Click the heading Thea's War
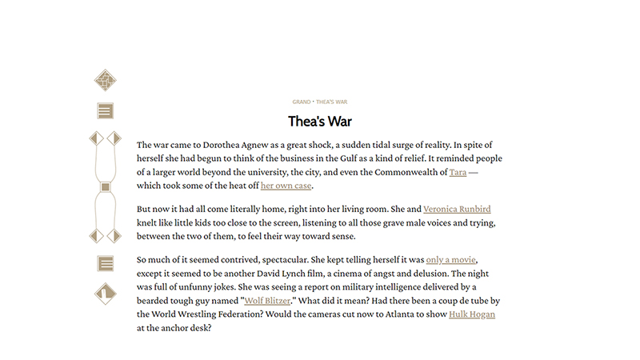pyautogui.click(x=320, y=122)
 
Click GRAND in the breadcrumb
pyautogui.click(x=301, y=102)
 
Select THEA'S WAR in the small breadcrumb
pyautogui.click(x=332, y=102)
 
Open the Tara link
pyautogui.click(x=458, y=172)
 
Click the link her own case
pyautogui.click(x=286, y=186)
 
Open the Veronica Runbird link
pyautogui.click(x=457, y=209)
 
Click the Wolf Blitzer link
pyautogui.click(x=266, y=301)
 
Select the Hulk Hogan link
pyautogui.click(x=472, y=314)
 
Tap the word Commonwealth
pyautogui.click(x=400, y=172)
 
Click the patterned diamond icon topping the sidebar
pyautogui.click(x=105, y=80)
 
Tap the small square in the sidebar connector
pyautogui.click(x=105, y=187)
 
